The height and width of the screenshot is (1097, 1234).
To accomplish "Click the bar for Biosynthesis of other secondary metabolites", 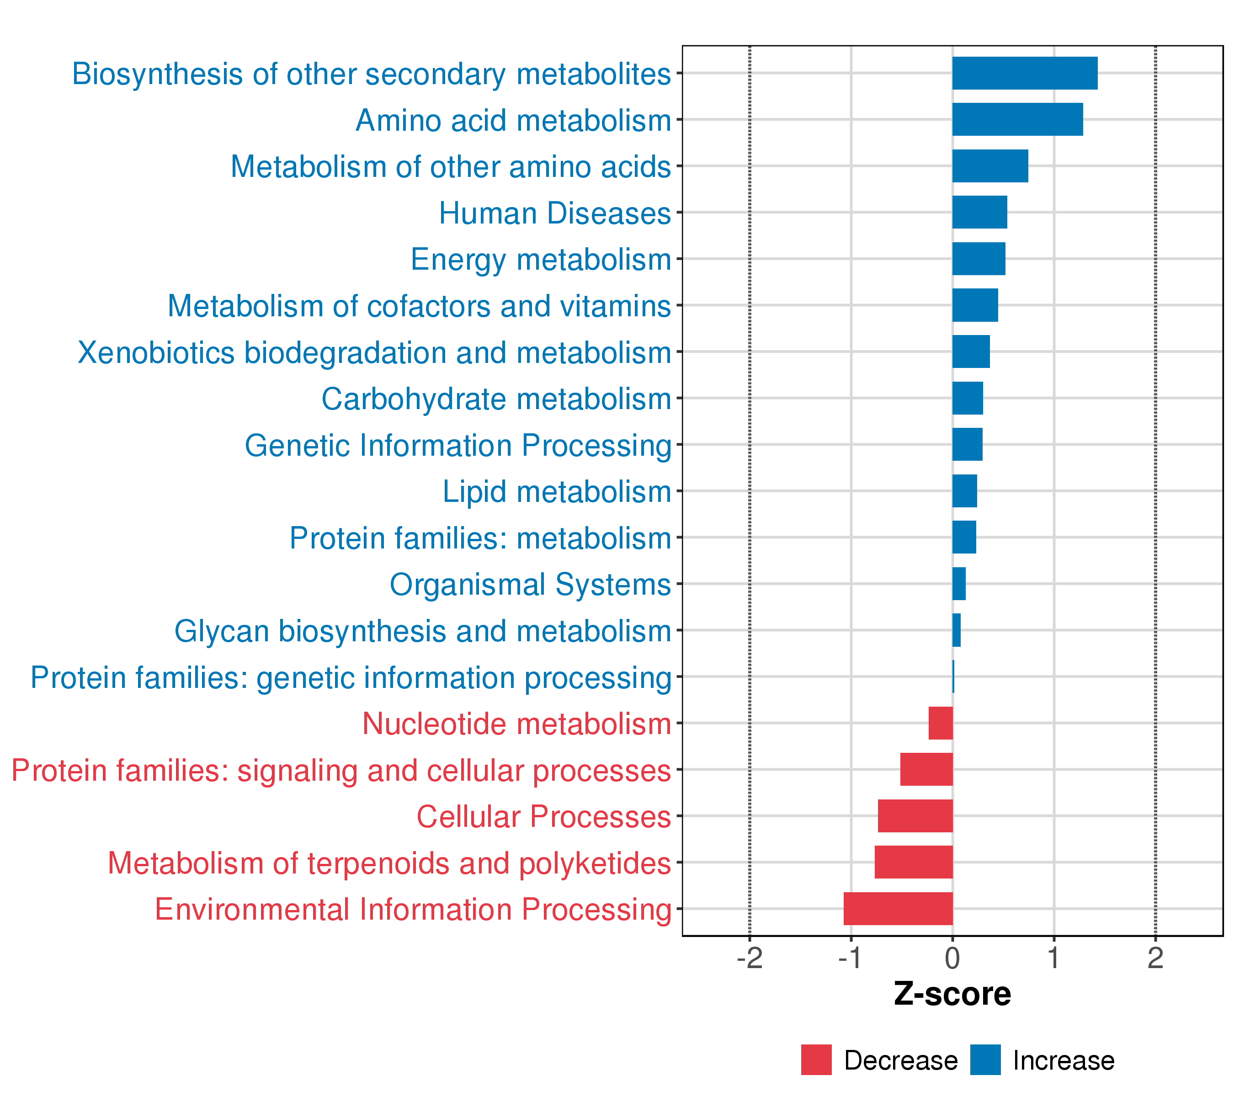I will point(1025,73).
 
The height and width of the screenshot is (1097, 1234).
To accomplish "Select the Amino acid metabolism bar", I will point(1017,120).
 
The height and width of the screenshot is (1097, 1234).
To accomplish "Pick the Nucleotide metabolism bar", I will point(940,723).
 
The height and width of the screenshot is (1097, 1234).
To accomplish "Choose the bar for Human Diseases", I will point(979,213).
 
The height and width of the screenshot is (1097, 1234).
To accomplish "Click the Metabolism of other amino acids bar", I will point(990,166).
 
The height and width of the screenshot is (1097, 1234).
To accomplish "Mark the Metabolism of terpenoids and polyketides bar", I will point(914,862).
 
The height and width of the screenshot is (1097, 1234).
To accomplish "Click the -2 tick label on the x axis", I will point(749,959).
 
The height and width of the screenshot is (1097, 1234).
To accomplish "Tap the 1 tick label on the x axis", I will point(1053,959).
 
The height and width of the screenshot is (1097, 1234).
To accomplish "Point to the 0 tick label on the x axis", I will point(952,959).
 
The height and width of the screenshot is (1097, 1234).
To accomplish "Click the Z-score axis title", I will point(952,994).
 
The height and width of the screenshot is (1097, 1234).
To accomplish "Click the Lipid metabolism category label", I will point(557,491).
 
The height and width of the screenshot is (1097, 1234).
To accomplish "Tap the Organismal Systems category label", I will point(530,585).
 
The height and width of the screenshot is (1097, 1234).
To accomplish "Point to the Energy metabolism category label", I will point(541,260).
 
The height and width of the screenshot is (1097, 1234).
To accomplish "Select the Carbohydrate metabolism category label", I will point(496,399).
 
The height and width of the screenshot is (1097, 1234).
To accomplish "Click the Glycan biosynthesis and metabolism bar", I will point(956,630).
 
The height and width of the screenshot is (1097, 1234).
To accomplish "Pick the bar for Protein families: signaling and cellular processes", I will point(926,769).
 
